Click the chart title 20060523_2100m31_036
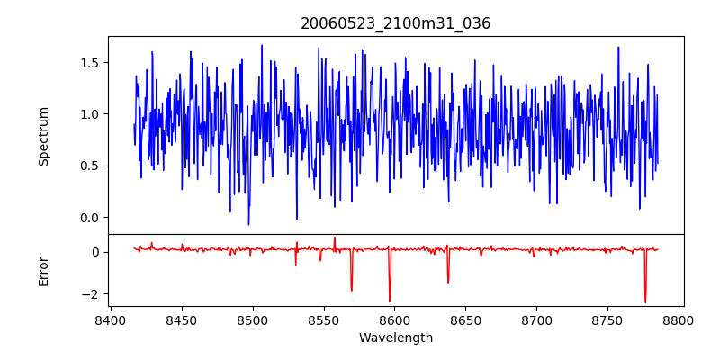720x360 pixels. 396,23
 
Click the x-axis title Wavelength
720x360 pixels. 396,338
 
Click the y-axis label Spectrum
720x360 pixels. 44,136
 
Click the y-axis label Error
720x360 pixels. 44,271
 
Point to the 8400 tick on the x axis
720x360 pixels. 110,319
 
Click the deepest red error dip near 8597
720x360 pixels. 390,301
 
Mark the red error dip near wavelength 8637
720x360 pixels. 448,282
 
